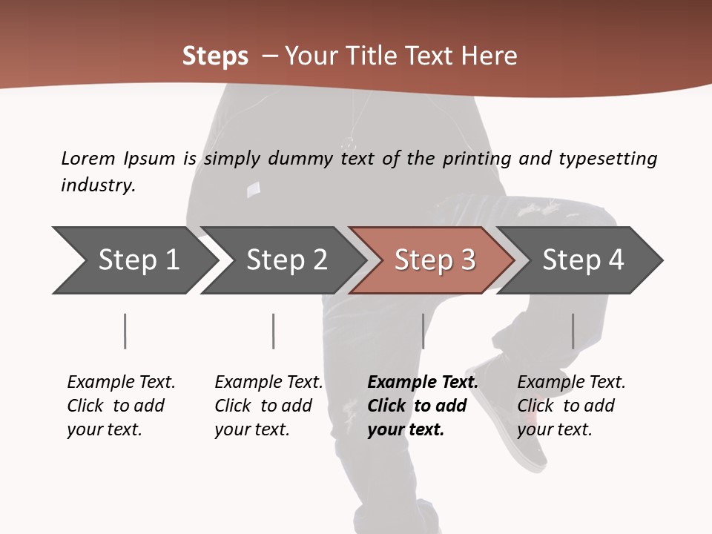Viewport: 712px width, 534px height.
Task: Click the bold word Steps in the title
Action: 215,56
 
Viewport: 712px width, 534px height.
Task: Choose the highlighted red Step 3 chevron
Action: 435,260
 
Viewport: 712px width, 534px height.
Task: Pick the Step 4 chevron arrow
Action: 583,260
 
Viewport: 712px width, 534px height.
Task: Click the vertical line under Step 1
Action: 125,331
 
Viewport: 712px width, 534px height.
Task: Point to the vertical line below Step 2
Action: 274,331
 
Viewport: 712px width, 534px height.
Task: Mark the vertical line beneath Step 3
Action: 423,331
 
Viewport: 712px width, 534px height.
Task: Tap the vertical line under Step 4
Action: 573,331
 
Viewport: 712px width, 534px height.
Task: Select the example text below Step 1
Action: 121,406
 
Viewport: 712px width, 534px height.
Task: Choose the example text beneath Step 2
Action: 268,406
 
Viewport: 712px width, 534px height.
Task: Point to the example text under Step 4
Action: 571,406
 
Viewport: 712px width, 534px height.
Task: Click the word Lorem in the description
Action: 88,158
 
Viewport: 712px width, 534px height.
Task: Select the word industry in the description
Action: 97,185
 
